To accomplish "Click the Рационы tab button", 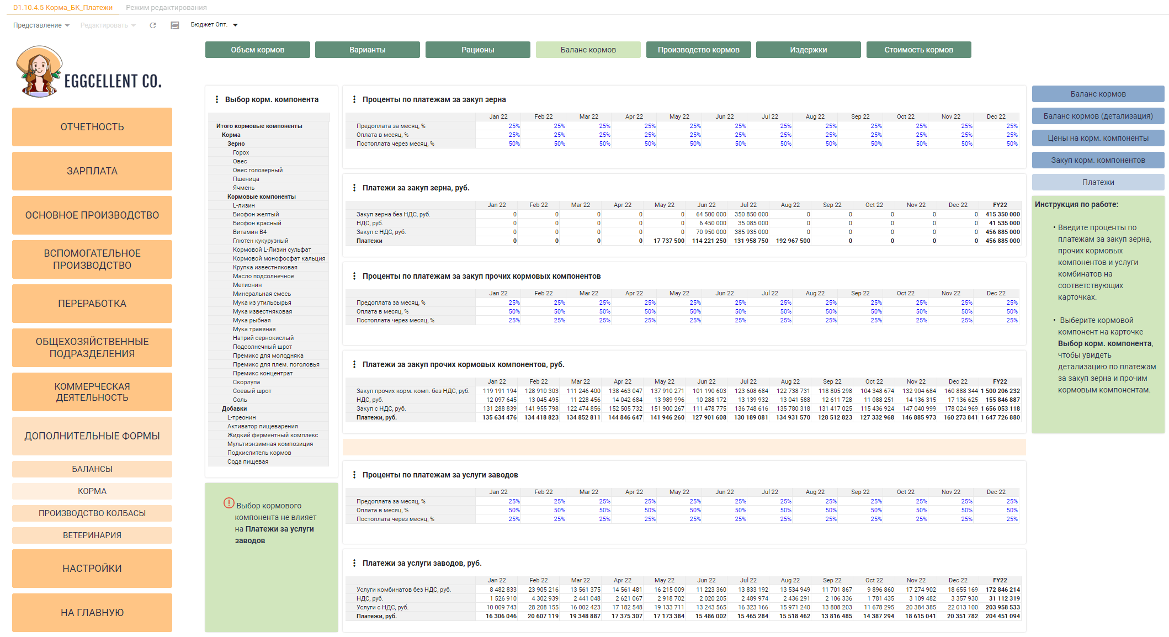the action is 477,50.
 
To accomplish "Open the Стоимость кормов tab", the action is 918,50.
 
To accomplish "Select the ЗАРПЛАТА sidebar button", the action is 92,171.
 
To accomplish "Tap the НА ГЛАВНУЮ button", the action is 92,613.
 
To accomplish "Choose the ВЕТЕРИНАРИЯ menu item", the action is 92,535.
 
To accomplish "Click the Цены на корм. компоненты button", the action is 1098,138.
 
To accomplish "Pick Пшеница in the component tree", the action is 246,179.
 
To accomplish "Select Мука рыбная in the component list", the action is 252,320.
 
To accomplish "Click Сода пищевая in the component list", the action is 248,461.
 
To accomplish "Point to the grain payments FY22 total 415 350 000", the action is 1002,214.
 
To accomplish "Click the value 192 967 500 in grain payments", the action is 793,241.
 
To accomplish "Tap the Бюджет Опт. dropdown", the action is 214,25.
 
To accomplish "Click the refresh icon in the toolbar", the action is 153,25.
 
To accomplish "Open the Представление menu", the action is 41,25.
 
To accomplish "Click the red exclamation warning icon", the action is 229,503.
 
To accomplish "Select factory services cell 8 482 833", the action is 503,590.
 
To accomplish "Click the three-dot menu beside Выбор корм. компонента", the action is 216,99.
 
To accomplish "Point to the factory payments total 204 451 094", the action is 1002,616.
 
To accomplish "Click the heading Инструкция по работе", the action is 1076,204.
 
